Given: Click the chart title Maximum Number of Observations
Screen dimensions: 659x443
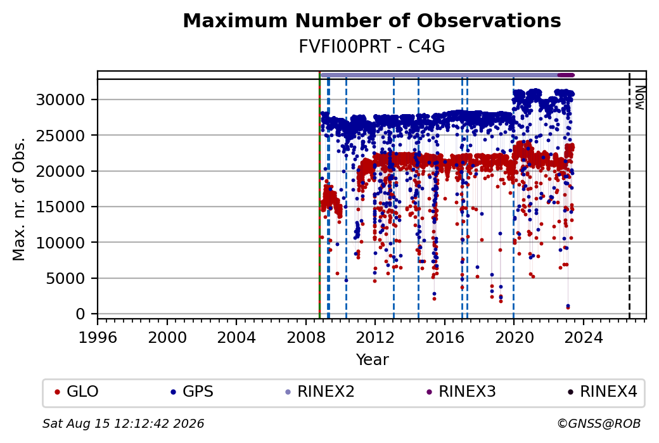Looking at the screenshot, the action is coord(372,20).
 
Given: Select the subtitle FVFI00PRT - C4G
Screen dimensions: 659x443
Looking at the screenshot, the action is coord(372,47).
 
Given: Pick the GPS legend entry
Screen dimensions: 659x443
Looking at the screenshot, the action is coord(191,392).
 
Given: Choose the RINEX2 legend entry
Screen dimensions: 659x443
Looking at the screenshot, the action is coord(320,392).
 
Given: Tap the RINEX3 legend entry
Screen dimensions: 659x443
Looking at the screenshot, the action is coord(461,392).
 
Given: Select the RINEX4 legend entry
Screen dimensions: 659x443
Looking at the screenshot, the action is coord(602,392).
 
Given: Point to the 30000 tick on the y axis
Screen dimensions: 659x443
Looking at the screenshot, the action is coord(61,100).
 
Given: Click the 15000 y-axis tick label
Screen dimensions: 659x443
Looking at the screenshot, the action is coord(61,207).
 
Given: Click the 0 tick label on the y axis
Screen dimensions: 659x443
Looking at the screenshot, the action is coord(80,314).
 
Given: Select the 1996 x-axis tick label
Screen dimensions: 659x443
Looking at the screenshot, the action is coord(98,338).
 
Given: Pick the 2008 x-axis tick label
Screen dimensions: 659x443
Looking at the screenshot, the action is coord(306,338).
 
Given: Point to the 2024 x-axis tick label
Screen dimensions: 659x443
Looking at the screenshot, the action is coord(584,338).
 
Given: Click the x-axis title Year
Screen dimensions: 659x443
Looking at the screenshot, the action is coord(373,360).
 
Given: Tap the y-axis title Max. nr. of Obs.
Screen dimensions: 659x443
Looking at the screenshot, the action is coord(19,199).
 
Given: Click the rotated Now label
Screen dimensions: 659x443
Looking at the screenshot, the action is coord(639,98).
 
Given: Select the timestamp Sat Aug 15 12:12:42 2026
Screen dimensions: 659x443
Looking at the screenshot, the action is coord(123,423).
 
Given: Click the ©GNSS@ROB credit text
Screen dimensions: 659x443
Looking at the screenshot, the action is coord(599,423).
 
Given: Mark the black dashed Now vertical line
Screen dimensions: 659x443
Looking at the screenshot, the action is coord(629,195).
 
